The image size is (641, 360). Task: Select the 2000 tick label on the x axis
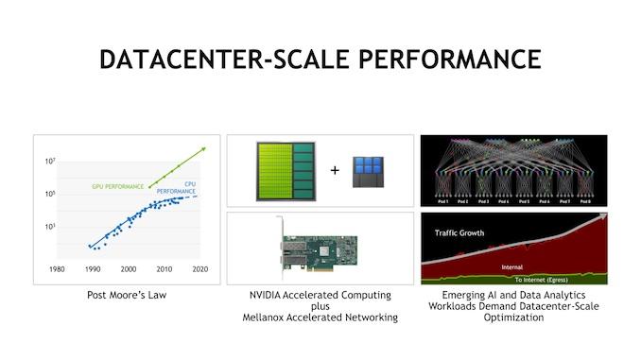tap(128, 269)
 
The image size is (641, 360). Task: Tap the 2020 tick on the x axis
tap(200, 269)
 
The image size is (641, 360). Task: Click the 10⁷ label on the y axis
tap(51, 162)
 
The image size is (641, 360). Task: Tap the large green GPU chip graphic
tap(283, 171)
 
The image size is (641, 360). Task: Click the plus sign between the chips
tap(334, 171)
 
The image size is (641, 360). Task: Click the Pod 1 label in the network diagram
tap(442, 201)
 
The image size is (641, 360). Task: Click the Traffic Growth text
tap(460, 232)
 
